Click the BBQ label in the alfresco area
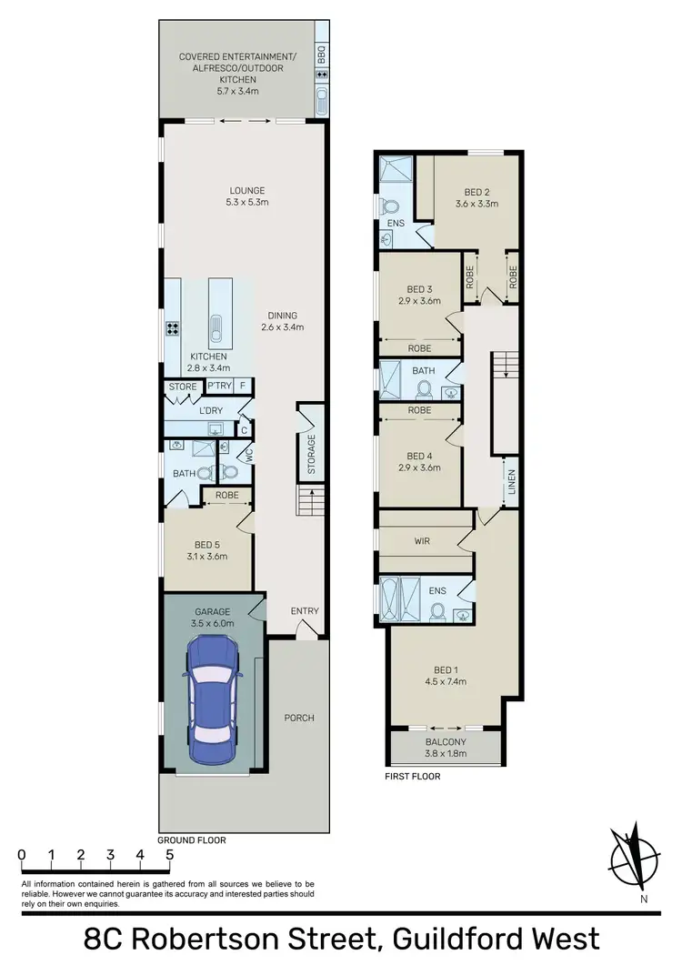pyautogui.click(x=321, y=55)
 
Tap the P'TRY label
pyautogui.click(x=218, y=387)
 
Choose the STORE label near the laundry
pyautogui.click(x=183, y=387)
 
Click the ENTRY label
pyautogui.click(x=305, y=611)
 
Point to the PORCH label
pyautogui.click(x=298, y=718)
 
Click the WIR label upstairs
pyautogui.click(x=422, y=541)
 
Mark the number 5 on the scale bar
pyautogui.click(x=169, y=855)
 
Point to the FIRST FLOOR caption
pyautogui.click(x=414, y=776)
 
